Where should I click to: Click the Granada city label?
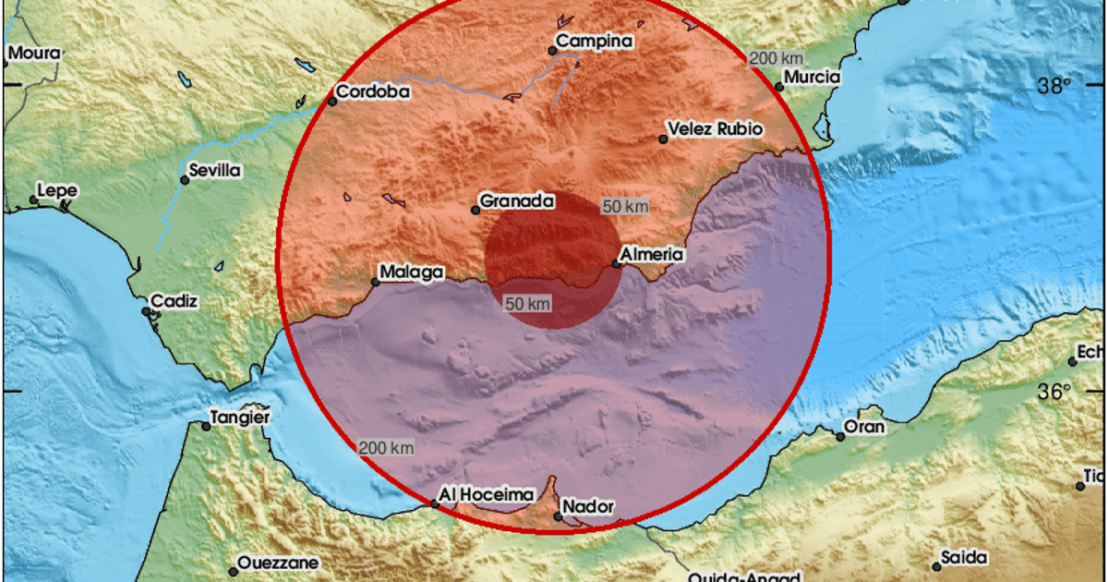pos(517,200)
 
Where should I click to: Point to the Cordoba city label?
pos(372,92)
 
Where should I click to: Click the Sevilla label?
pos(213,170)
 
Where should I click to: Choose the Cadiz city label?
pos(176,301)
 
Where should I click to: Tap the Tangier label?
pos(240,418)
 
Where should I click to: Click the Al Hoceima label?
pos(474,495)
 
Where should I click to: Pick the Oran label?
pos(864,427)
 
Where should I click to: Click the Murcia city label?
pos(813,77)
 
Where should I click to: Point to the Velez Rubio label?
pos(716,129)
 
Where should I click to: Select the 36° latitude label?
pos(1054,392)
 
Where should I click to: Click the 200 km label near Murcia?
pos(774,58)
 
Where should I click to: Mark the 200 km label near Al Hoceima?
pos(386,448)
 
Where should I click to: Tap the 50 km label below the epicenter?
pos(528,303)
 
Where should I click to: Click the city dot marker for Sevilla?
pos(185,180)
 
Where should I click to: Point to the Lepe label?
pos(57,191)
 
